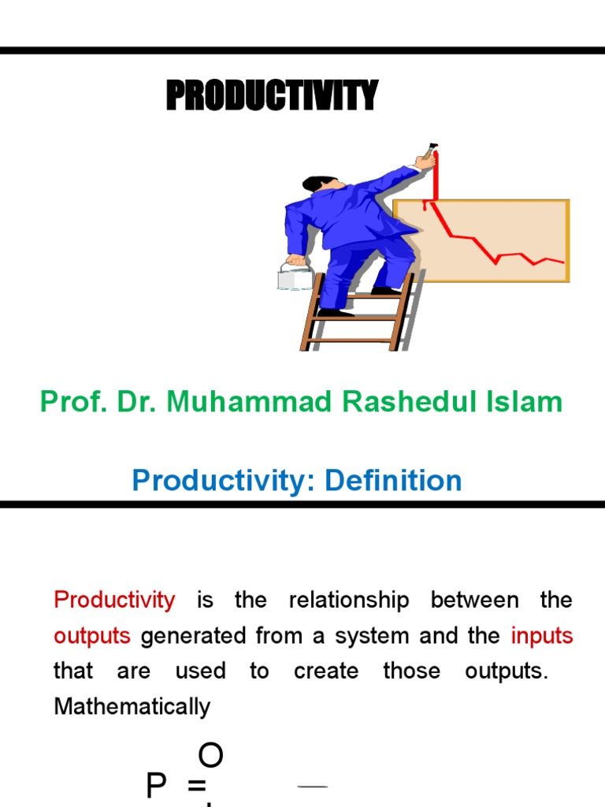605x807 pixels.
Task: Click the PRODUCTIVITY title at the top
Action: tap(272, 96)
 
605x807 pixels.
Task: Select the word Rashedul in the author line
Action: tap(406, 402)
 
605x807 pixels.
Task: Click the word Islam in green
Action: tap(527, 402)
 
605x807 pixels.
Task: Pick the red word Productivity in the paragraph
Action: tap(114, 600)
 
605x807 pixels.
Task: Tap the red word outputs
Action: tap(91, 635)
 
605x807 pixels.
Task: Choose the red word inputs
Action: tap(542, 635)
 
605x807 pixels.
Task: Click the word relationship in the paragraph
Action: tap(349, 600)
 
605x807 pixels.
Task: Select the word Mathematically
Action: tap(132, 707)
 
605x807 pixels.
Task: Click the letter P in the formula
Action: tap(158, 787)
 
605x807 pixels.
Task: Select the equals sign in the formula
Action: tap(196, 787)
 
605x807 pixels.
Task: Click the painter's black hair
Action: tap(317, 183)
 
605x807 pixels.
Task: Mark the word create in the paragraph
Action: tap(325, 671)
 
